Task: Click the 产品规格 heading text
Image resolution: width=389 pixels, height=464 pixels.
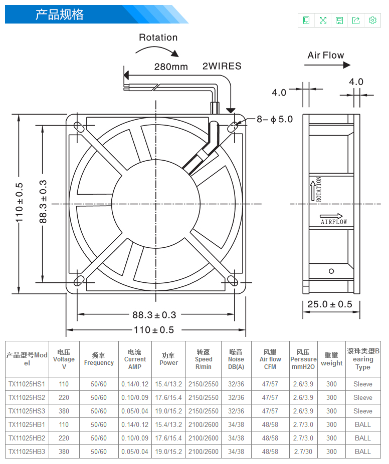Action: (59, 15)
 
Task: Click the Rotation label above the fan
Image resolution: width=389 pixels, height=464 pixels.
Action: (158, 38)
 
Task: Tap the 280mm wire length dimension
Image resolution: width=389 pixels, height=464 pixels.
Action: (170, 67)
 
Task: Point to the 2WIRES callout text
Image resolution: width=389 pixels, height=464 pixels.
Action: (222, 66)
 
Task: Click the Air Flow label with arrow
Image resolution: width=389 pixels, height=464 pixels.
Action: (326, 56)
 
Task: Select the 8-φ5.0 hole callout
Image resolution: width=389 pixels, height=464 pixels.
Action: (275, 119)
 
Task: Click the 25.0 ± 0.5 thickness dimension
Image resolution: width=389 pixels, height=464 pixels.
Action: (329, 304)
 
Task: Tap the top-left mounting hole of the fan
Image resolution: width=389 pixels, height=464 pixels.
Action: (78, 126)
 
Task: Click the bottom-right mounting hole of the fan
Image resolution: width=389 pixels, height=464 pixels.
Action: (234, 281)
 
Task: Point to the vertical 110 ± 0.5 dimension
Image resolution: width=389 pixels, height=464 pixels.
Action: (19, 203)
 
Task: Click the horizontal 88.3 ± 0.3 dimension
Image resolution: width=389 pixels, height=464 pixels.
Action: (154, 315)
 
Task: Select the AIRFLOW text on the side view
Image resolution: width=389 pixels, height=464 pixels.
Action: (334, 222)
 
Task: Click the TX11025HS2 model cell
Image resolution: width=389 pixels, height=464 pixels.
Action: (27, 397)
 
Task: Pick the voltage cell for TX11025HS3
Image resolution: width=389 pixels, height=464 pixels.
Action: (64, 411)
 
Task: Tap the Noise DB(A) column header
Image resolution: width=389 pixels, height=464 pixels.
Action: (236, 359)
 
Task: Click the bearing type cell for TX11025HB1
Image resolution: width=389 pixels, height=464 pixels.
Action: (363, 424)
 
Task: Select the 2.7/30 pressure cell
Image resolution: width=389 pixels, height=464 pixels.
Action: (303, 451)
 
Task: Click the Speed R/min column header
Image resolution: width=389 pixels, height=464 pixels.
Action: (204, 359)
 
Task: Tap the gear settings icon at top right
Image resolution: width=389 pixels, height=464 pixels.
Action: (372, 20)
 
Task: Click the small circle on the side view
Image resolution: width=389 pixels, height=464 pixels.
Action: (331, 271)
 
